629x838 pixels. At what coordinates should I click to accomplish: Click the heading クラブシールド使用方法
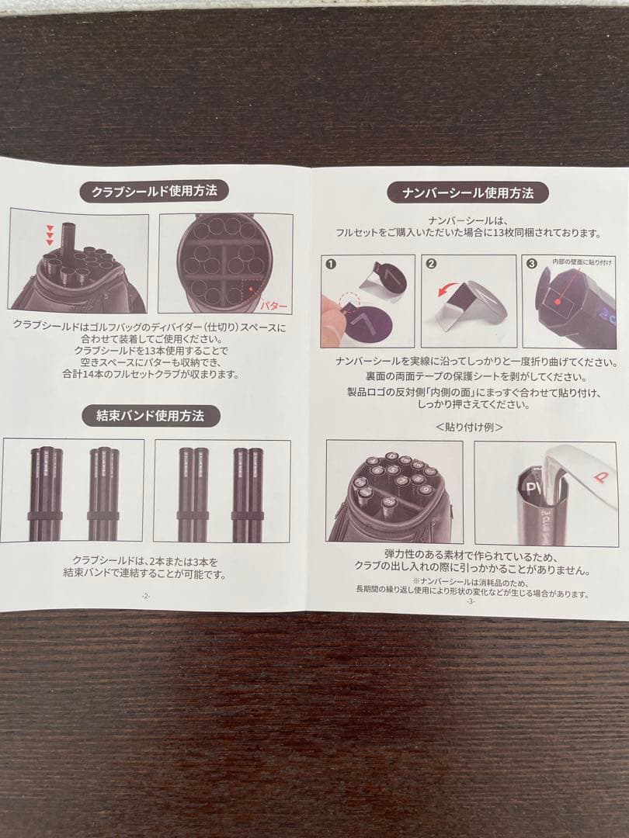click(154, 190)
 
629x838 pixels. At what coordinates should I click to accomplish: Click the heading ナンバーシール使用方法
click(468, 192)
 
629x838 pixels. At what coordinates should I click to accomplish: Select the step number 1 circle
click(331, 265)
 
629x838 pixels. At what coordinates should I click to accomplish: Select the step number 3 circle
click(532, 264)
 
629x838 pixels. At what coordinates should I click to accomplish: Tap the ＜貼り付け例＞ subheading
click(469, 427)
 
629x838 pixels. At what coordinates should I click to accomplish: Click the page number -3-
click(470, 602)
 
